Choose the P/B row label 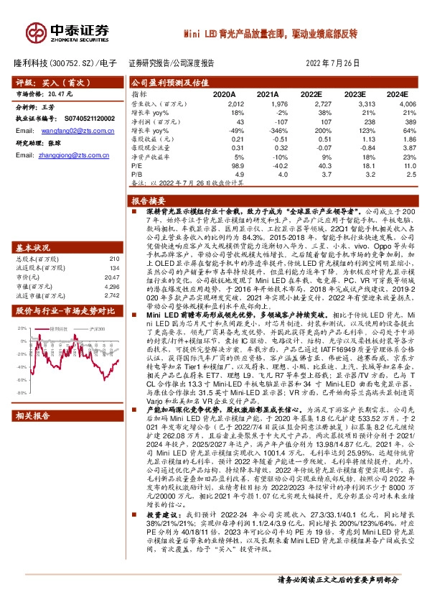click(x=136, y=174)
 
